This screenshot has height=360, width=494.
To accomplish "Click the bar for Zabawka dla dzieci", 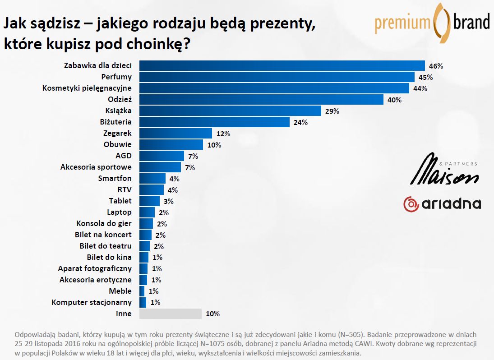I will tap(282, 66).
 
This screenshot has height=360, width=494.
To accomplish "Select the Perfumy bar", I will tap(277, 77).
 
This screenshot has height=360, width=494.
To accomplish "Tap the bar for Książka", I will tap(230, 111).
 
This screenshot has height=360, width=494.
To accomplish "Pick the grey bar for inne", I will tap(170, 314).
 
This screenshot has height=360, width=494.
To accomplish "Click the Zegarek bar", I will tap(175, 133).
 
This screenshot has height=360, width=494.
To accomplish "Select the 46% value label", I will tap(436, 66).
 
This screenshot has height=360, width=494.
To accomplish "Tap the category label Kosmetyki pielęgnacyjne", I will tap(87, 88).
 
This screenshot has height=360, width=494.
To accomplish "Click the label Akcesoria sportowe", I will tap(96, 167).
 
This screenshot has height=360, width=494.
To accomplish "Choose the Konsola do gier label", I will tap(104, 223).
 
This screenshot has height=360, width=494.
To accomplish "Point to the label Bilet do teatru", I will tap(106, 246).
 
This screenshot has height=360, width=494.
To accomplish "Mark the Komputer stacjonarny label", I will tap(92, 302).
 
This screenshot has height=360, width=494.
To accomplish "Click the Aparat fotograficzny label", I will tap(95, 268).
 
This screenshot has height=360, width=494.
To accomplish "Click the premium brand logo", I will tap(432, 22).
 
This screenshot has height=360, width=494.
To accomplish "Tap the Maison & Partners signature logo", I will tap(444, 170).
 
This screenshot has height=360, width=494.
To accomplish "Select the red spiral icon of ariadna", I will tap(411, 204).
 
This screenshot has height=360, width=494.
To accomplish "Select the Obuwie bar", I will tap(171, 144).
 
